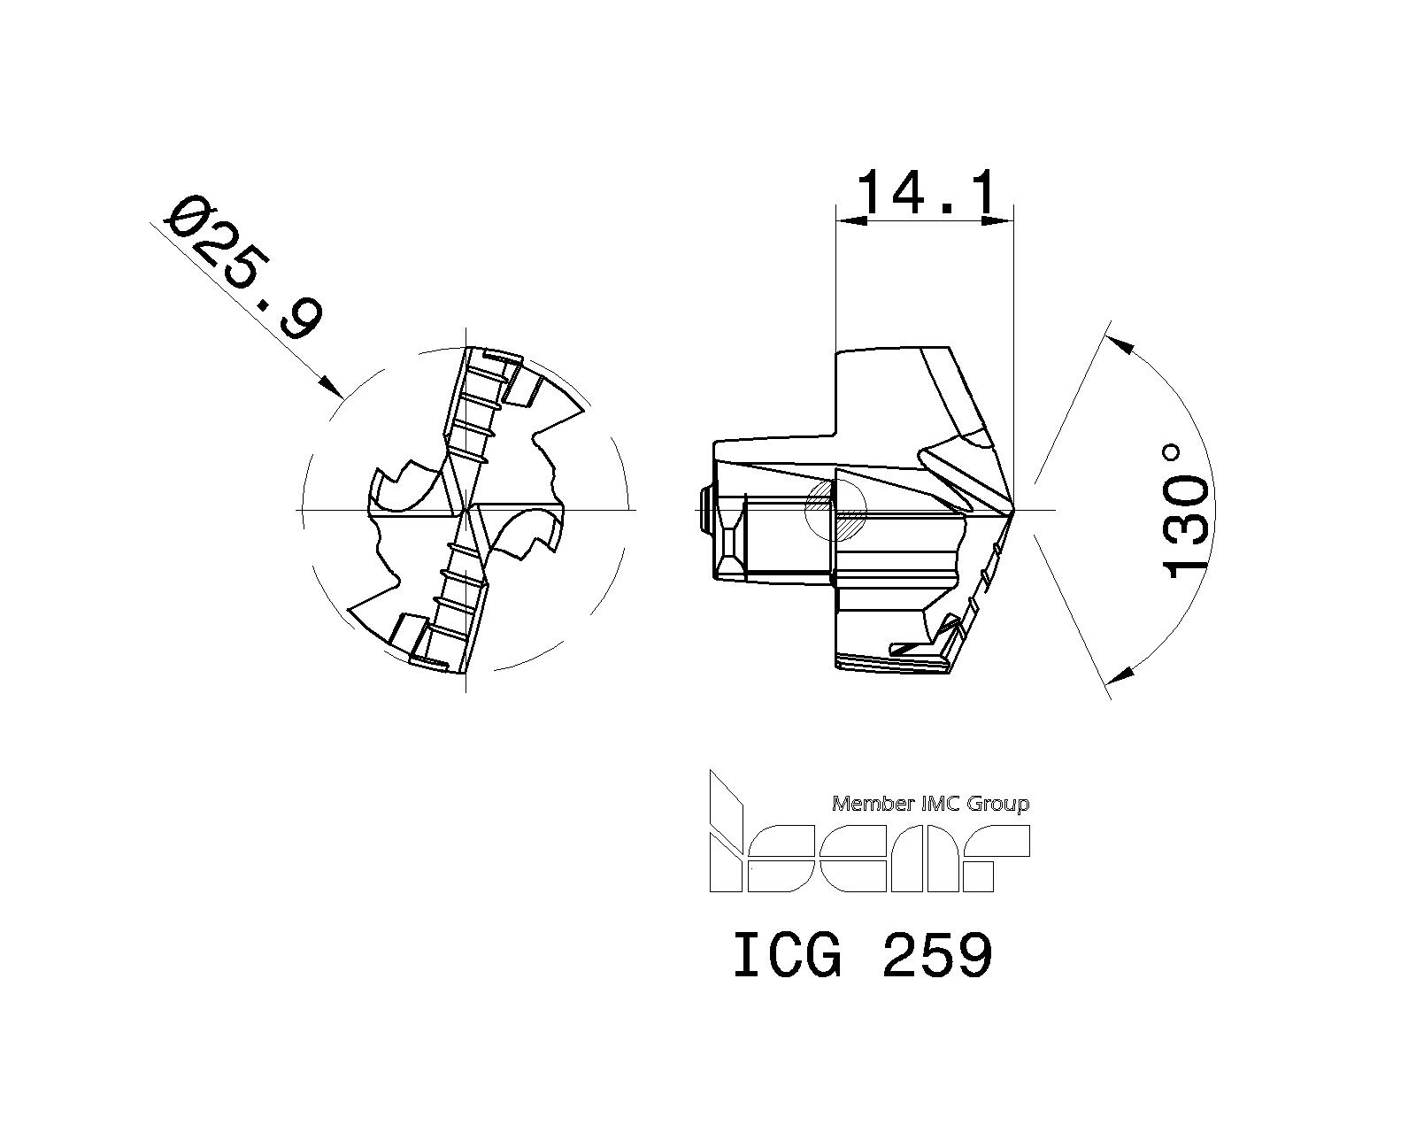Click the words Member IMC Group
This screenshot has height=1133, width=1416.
coord(931,804)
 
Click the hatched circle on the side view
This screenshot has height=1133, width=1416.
coord(835,511)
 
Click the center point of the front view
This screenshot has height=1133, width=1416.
coord(466,510)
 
